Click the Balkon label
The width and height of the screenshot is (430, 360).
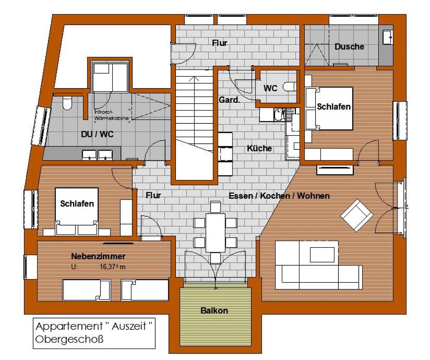pos(214,310)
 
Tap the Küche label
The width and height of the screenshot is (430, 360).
pos(259,148)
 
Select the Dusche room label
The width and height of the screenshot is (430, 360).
pos(350,46)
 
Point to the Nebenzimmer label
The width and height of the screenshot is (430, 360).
pos(98,256)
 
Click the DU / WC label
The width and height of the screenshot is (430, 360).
pos(98,135)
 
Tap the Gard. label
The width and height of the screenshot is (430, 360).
pos(229,100)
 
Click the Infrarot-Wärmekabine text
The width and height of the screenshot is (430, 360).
pos(112,115)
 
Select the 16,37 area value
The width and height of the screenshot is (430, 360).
pos(109,267)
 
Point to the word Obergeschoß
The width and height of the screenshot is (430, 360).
pos(69,339)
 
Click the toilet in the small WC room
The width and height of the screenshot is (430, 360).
pos(291,87)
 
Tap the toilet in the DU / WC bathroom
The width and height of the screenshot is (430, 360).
pos(67,103)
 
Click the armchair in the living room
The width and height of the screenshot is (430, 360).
pos(357,215)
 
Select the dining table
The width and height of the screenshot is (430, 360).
pos(216,233)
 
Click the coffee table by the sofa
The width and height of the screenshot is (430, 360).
pos(322,255)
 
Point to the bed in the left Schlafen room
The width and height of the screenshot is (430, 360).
pos(77,211)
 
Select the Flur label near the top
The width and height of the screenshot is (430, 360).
pos(220,43)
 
